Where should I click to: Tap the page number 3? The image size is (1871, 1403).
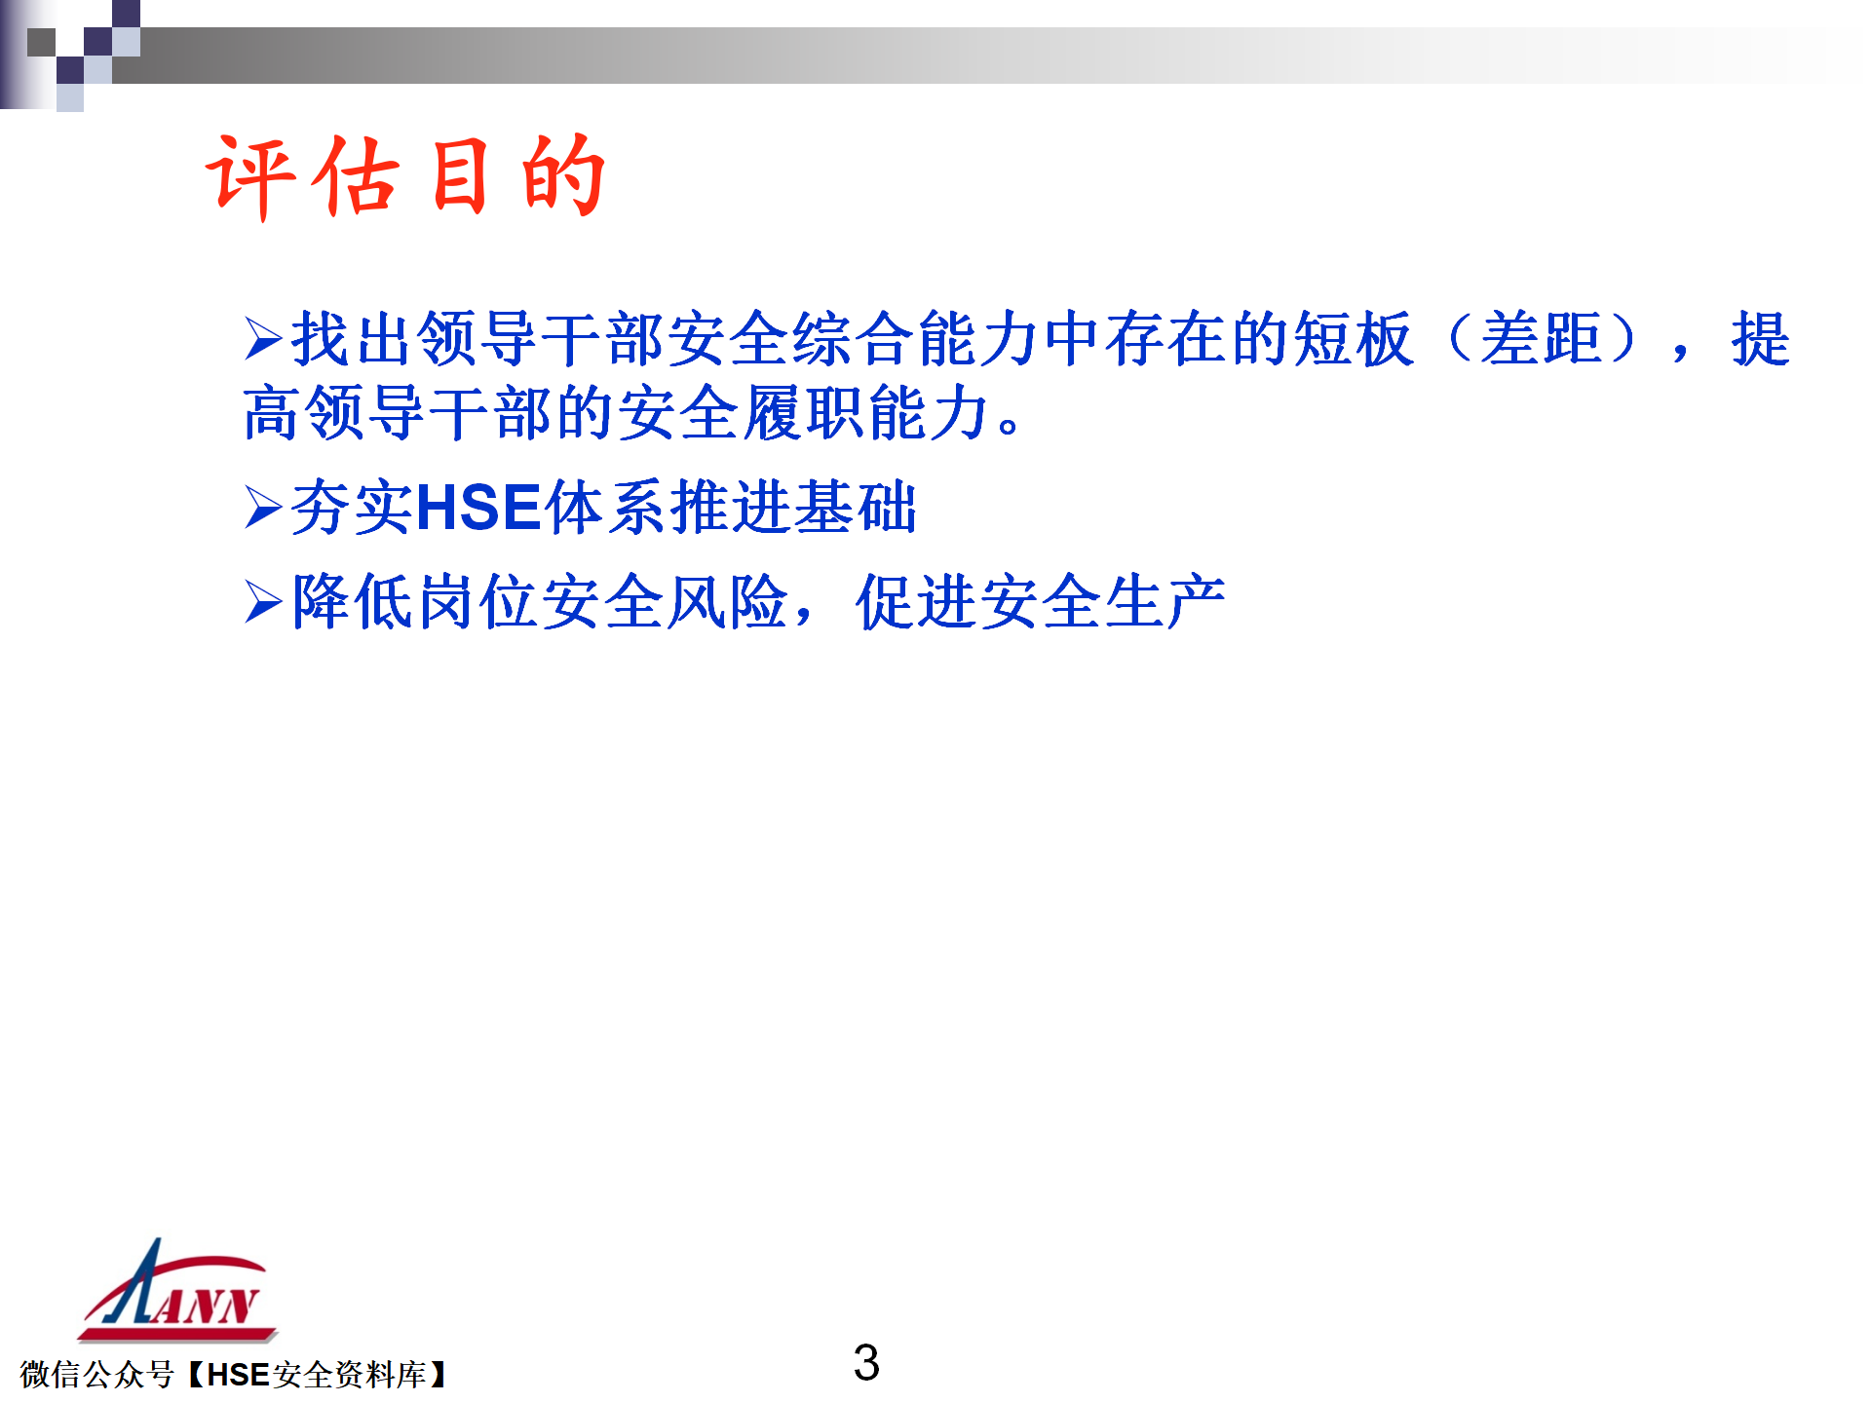(866, 1362)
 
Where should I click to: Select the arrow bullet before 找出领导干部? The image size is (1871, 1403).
(263, 339)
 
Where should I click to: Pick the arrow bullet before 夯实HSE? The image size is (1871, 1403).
(263, 508)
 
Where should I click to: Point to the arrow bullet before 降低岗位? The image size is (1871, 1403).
(263, 601)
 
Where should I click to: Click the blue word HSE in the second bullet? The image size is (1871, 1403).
(478, 508)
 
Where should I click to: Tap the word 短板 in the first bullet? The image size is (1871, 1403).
(1353, 339)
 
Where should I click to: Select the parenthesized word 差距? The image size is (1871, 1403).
(1541, 339)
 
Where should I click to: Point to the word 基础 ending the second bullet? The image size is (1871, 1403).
(856, 508)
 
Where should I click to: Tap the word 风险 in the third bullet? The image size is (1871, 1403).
(727, 601)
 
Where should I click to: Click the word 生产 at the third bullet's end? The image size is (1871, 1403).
(1165, 601)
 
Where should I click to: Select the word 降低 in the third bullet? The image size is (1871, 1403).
(353, 601)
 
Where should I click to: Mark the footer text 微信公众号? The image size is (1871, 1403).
(96, 1375)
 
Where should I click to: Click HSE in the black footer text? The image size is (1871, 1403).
(238, 1375)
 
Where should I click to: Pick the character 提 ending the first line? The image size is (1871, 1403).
(1760, 339)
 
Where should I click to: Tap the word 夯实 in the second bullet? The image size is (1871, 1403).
(353, 508)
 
